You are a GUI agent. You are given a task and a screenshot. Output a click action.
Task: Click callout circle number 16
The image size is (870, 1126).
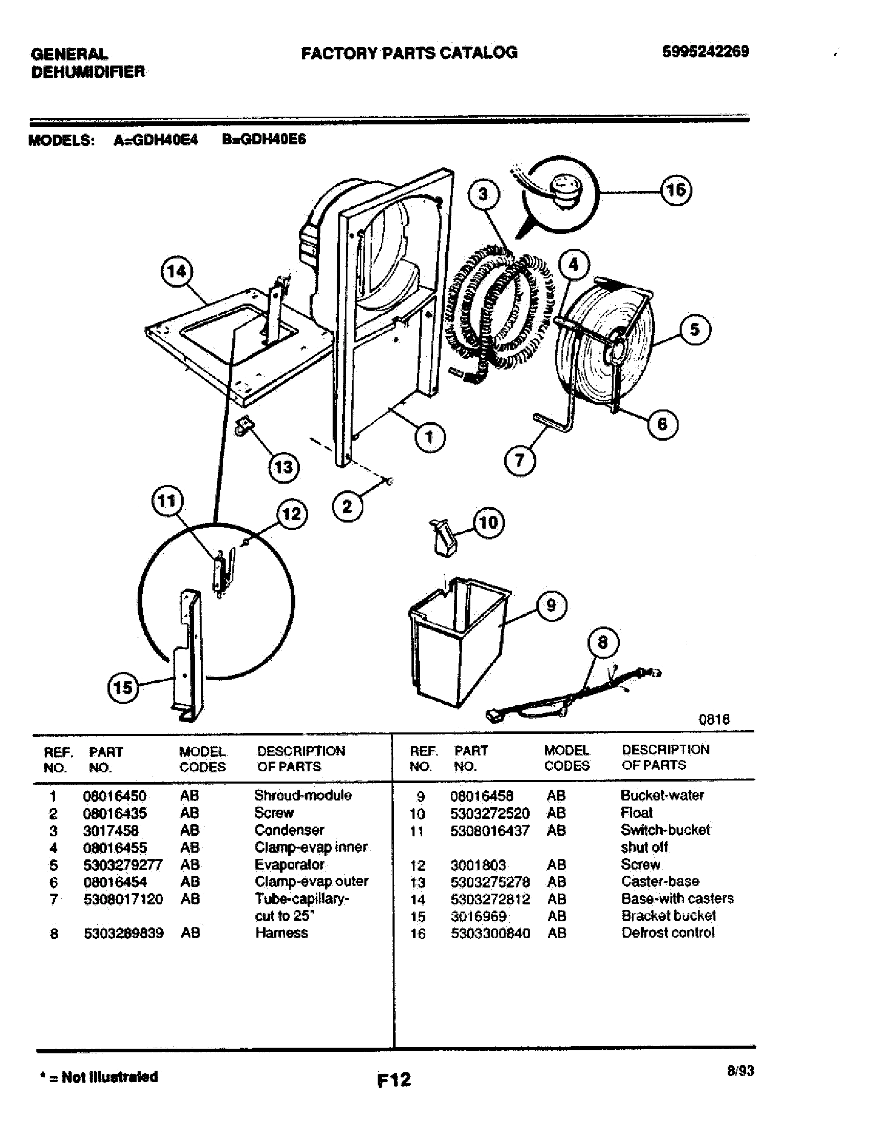click(676, 190)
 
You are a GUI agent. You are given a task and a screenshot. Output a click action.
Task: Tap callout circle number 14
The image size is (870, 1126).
click(177, 271)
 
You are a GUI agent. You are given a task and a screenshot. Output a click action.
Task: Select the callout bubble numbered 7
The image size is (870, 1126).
click(519, 460)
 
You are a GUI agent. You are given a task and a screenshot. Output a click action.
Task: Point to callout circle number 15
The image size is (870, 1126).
click(123, 687)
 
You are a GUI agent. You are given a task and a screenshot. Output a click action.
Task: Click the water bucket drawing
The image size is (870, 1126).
click(456, 639)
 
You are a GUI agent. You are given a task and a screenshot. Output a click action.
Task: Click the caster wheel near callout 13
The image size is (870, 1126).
click(244, 425)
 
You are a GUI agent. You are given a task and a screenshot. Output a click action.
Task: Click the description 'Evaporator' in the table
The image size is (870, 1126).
click(290, 864)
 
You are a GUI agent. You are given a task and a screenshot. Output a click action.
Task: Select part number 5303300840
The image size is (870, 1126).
click(490, 933)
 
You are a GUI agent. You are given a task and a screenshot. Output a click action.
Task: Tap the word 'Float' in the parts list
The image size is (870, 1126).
click(637, 813)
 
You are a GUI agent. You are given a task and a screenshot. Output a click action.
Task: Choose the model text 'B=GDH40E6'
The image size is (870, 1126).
click(264, 140)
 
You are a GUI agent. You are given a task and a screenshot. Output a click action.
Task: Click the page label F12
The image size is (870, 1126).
click(394, 1079)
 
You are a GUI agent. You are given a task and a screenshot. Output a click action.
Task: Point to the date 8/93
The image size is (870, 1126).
click(739, 1071)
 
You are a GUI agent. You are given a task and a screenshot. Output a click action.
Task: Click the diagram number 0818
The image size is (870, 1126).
click(714, 719)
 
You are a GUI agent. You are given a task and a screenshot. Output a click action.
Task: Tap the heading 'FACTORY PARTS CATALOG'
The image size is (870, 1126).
click(409, 53)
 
